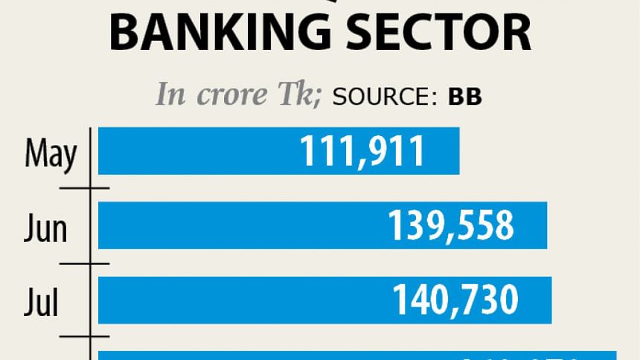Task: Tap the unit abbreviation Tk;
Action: click(x=297, y=95)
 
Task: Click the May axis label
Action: click(x=50, y=154)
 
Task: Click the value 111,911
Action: click(x=362, y=151)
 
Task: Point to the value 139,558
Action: click(x=450, y=225)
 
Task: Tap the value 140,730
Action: click(x=455, y=300)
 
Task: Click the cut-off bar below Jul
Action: click(x=357, y=356)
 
